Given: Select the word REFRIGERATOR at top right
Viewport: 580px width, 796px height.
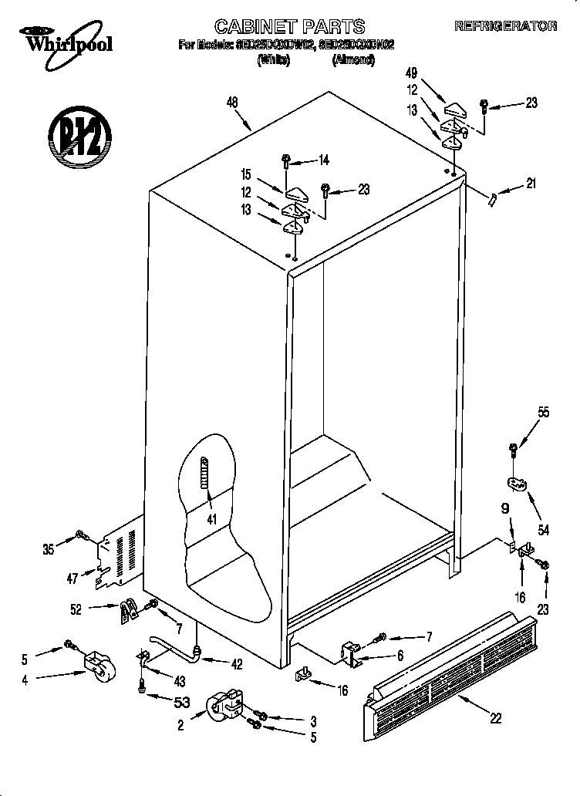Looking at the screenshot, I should point(505,26).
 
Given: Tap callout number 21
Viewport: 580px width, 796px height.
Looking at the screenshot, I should point(530,184).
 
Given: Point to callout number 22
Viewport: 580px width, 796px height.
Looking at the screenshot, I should point(496,718).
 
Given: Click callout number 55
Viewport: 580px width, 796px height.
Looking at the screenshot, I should point(544,413).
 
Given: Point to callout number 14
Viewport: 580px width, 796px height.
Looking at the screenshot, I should point(323,160).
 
